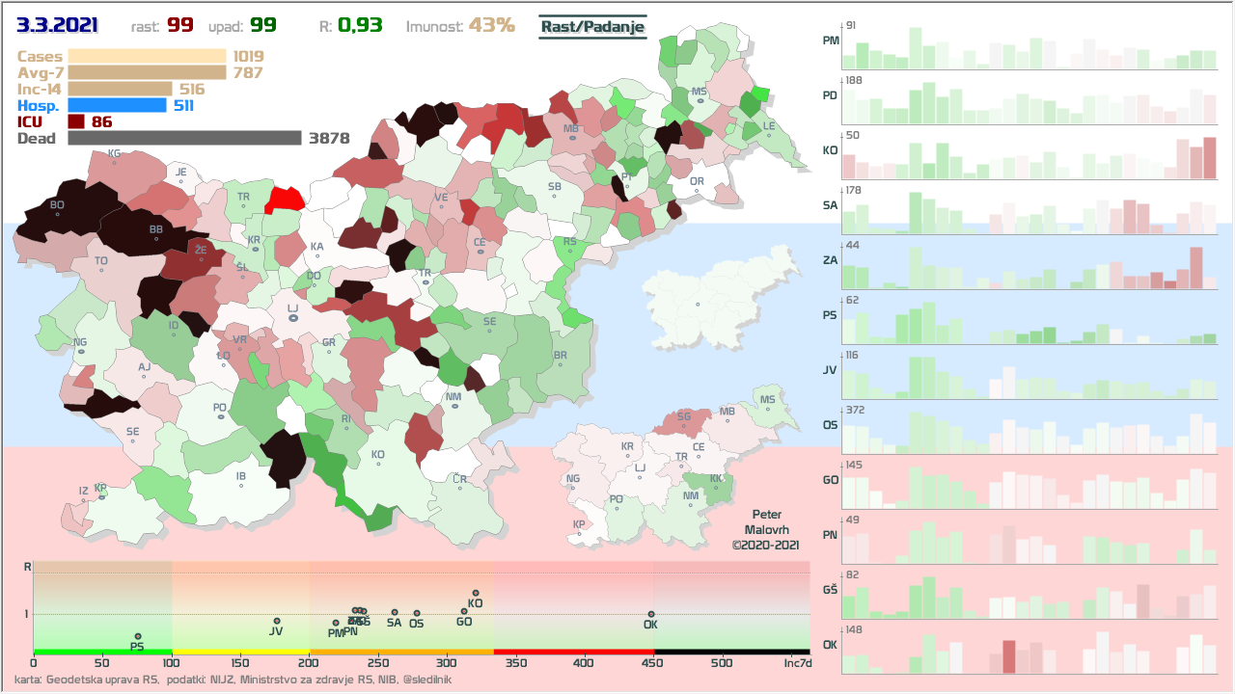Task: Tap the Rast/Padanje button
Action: click(x=591, y=27)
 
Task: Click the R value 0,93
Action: click(x=360, y=26)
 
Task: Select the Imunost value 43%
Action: click(x=491, y=26)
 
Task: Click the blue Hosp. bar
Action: click(x=117, y=105)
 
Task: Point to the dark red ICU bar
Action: click(x=76, y=121)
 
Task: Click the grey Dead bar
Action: click(x=184, y=138)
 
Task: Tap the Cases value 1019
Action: click(x=248, y=57)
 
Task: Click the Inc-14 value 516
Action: click(x=192, y=89)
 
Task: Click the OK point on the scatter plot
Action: click(x=651, y=614)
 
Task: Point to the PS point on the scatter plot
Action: click(x=138, y=636)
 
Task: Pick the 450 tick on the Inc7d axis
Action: click(x=652, y=663)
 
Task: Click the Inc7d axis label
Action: click(x=797, y=663)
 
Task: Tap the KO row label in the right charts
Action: click(x=830, y=151)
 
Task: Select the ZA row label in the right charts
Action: click(x=830, y=260)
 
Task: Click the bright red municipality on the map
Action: click(x=286, y=199)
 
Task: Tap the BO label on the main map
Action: click(x=57, y=204)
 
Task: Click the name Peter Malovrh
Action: click(x=768, y=522)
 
